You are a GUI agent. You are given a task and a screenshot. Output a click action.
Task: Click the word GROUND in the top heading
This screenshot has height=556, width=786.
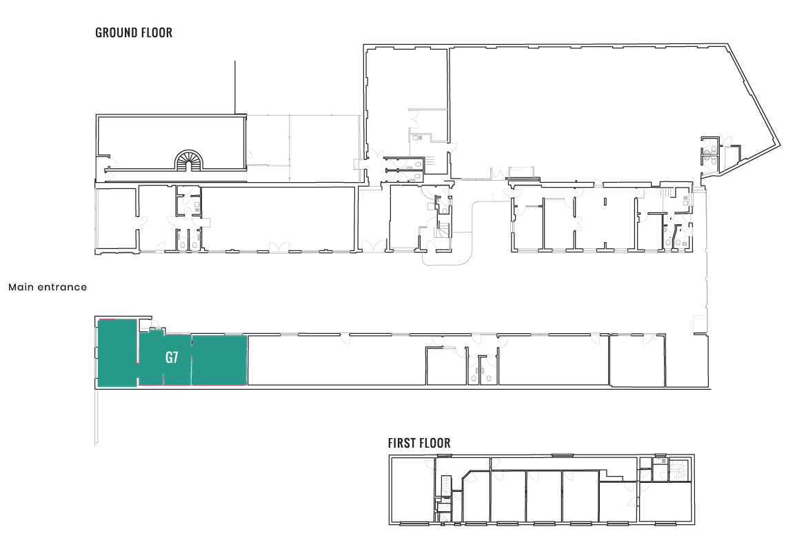point(115,32)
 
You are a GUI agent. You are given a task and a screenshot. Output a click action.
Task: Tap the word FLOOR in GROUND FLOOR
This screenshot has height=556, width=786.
point(156,32)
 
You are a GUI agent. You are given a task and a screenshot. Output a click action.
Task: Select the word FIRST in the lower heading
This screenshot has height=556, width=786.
point(403,443)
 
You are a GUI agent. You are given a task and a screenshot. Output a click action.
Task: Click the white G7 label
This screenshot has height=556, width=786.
point(172,357)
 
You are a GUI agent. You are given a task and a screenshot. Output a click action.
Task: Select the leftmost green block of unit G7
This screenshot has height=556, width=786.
point(117,353)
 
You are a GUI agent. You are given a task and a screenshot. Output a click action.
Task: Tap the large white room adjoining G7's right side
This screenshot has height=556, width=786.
point(337,360)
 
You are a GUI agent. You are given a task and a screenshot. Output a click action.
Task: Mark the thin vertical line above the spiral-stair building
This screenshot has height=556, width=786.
point(235,88)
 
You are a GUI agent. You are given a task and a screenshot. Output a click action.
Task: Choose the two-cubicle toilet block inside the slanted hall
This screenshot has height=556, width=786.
point(709,151)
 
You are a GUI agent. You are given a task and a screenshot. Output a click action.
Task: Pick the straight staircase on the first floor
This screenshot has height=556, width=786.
point(447,486)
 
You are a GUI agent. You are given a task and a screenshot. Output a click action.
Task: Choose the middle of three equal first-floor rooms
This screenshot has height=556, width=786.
point(544,497)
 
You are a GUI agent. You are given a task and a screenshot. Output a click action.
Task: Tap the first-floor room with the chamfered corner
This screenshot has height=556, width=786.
point(476,497)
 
